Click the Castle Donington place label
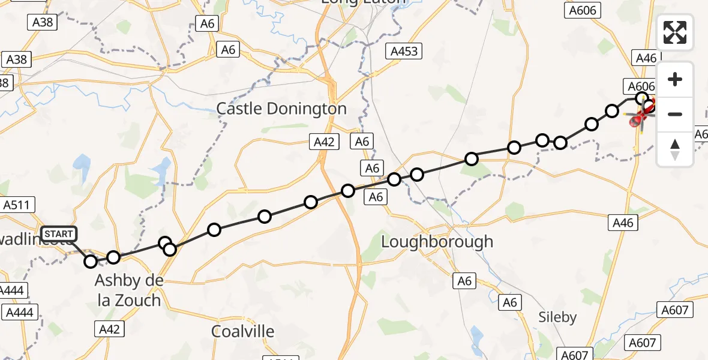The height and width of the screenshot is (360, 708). (x=281, y=109)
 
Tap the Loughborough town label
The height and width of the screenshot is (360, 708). (x=437, y=242)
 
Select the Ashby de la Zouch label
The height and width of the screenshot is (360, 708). (x=128, y=290)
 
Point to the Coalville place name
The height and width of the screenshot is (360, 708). (x=243, y=331)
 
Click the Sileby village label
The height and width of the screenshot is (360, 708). (x=557, y=317)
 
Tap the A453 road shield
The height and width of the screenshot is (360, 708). (x=404, y=51)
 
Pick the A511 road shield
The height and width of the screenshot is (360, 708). (x=16, y=205)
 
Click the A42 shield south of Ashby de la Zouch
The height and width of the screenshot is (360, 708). (x=109, y=329)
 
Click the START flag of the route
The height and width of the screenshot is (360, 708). (x=58, y=234)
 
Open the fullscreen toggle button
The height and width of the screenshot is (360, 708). (x=675, y=32)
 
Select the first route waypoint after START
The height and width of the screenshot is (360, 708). (x=91, y=261)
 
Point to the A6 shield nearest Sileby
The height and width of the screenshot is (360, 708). (x=509, y=303)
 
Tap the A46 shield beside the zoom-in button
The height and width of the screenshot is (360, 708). (x=646, y=58)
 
